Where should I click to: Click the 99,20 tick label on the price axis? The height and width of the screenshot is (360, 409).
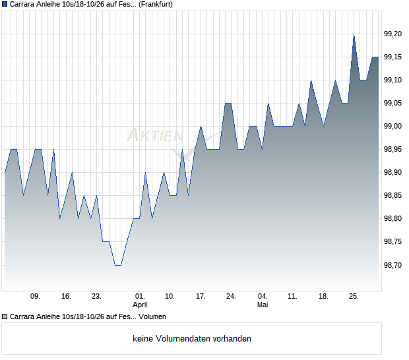coord(393,34)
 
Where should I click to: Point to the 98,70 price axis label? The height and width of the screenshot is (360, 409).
coord(393,265)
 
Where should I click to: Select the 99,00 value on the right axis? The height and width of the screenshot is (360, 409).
coord(393,127)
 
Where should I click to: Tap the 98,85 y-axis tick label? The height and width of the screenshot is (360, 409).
coord(393,196)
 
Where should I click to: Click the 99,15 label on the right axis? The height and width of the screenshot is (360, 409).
coord(393,57)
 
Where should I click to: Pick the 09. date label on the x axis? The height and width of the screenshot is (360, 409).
coord(35,297)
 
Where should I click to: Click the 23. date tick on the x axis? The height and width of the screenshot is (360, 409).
coord(96,297)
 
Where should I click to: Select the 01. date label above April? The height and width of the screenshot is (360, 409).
coord(140,297)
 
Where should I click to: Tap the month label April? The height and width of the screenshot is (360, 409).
coord(140,305)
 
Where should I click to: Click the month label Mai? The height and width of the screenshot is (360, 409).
coord(263,305)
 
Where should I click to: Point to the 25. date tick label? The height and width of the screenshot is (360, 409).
coord(354,297)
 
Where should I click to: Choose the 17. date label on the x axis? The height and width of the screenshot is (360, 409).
coord(201,297)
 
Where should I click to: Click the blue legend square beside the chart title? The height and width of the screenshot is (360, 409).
coord(5,5)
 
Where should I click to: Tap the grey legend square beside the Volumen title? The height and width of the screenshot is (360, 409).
coord(5,316)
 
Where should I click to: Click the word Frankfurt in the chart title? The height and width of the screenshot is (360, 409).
coord(156,5)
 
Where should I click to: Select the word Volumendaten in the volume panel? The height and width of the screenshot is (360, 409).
coord(183,339)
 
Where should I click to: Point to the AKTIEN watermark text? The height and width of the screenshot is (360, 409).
coord(156,135)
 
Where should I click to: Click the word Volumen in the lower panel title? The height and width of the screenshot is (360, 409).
coord(152,316)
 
